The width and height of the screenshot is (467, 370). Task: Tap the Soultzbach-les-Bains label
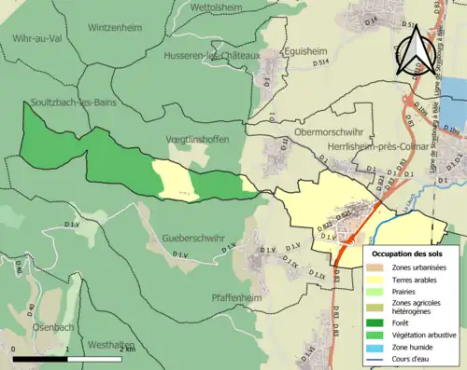pyautogui.click(x=72, y=102)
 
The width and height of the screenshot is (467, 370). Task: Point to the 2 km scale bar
pyautogui.click(x=68, y=355)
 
